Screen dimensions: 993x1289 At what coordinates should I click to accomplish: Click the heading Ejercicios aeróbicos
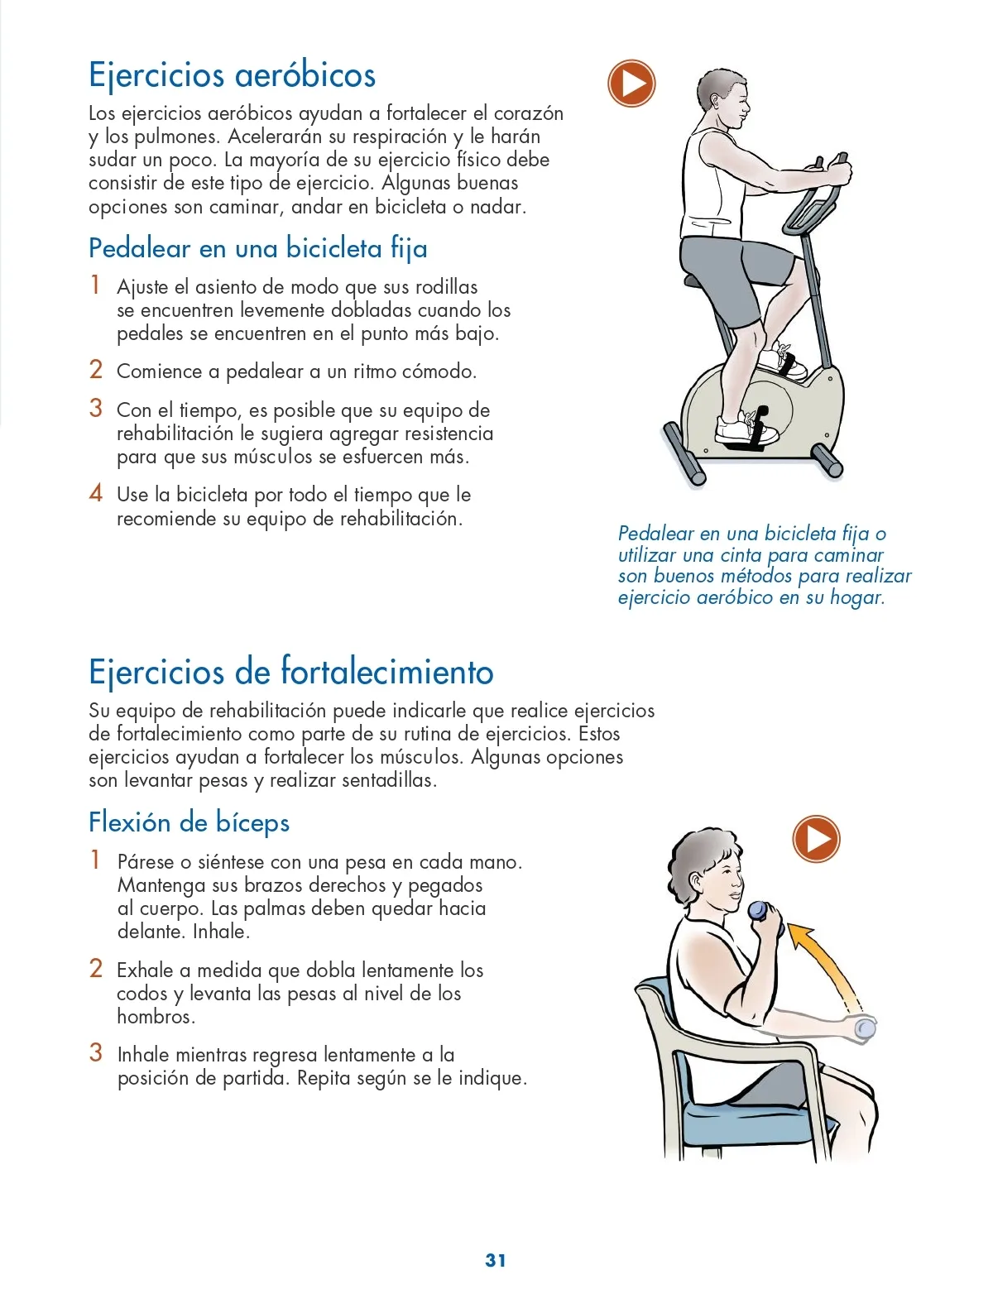click(x=232, y=76)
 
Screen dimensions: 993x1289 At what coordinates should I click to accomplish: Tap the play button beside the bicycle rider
click(x=631, y=83)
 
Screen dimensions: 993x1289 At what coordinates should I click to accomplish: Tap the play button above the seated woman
click(x=816, y=839)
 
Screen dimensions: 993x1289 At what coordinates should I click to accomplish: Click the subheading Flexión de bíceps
click(x=189, y=822)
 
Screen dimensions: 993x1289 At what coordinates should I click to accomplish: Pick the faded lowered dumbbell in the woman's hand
click(x=864, y=1028)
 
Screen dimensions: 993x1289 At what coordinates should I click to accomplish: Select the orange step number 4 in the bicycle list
click(x=95, y=493)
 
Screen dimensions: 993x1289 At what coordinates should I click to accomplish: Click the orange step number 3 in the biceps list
click(x=95, y=1053)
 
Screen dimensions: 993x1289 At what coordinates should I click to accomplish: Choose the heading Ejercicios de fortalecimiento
click(x=290, y=672)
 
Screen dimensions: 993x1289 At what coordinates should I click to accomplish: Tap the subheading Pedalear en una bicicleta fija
click(x=258, y=248)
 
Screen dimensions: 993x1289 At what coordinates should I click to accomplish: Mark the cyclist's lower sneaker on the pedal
click(x=746, y=430)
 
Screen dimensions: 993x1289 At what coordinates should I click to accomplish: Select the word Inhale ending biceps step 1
click(x=221, y=932)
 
